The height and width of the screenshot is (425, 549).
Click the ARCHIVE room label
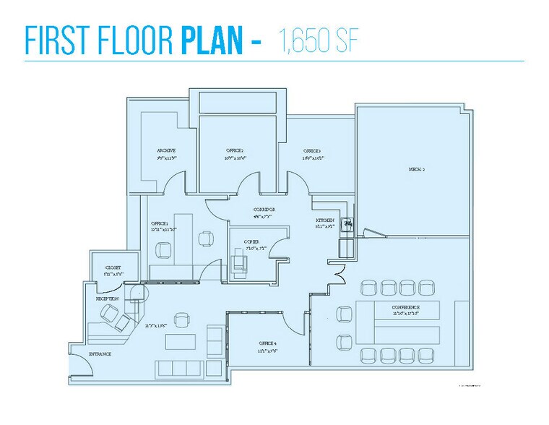coord(167,150)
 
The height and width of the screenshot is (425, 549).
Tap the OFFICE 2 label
coord(235,150)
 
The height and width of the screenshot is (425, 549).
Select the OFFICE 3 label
coord(312,150)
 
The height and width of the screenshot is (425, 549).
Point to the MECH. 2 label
coord(415,168)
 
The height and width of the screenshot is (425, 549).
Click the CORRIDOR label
coord(265,210)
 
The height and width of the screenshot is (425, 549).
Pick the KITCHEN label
coord(324,220)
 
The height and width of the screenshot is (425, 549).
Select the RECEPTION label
coord(107,298)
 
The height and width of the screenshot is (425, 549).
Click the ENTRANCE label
coord(100,354)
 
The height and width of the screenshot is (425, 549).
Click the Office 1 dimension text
coord(164,230)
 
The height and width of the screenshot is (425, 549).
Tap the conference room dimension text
coord(406,314)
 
